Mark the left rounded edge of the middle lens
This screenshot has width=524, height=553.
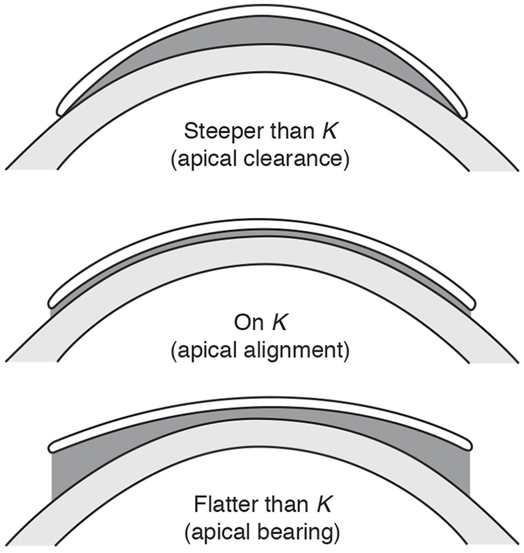(53, 300)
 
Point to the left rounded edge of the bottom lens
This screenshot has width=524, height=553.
(52, 445)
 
